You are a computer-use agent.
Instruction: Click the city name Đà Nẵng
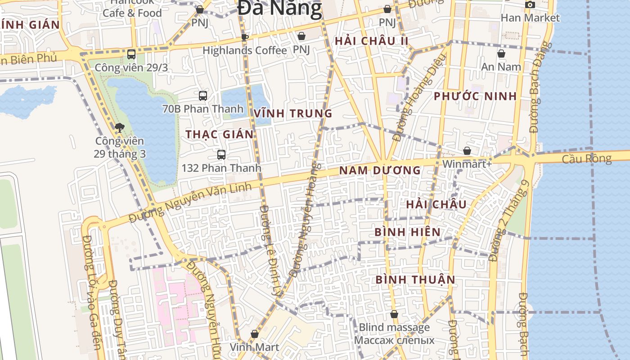point(279,8)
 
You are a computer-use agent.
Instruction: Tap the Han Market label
point(530,18)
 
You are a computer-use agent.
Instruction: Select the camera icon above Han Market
point(530,4)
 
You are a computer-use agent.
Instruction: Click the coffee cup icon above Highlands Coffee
point(244,37)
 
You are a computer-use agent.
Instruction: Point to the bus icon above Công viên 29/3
point(131,54)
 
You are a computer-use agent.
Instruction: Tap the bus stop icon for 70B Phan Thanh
point(203,95)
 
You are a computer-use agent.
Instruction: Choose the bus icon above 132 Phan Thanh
point(221,155)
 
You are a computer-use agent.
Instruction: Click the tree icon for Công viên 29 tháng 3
point(119,128)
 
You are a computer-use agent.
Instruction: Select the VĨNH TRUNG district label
point(293,113)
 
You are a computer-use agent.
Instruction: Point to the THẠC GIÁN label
point(220,134)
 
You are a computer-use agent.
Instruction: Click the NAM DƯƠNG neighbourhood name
point(380,171)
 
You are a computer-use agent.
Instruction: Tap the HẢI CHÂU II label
point(372,41)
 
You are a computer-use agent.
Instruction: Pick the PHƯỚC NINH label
point(475,96)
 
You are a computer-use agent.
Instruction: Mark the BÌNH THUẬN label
point(415,279)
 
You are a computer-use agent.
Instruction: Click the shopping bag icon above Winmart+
point(467,151)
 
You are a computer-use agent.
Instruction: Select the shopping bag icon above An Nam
point(501,54)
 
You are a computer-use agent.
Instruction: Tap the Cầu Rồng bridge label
point(587,159)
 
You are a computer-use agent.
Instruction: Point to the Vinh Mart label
point(254,347)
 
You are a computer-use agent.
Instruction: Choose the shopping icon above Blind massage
point(394,314)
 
